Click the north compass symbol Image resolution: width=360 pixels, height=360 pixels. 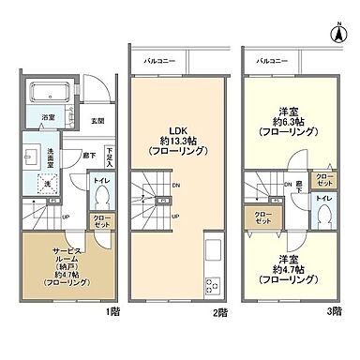pos(336,32)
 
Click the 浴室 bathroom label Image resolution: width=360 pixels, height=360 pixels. pos(46,117)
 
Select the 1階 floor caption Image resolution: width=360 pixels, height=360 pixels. pos(111,310)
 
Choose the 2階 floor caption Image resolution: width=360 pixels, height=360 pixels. pos(220,310)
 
